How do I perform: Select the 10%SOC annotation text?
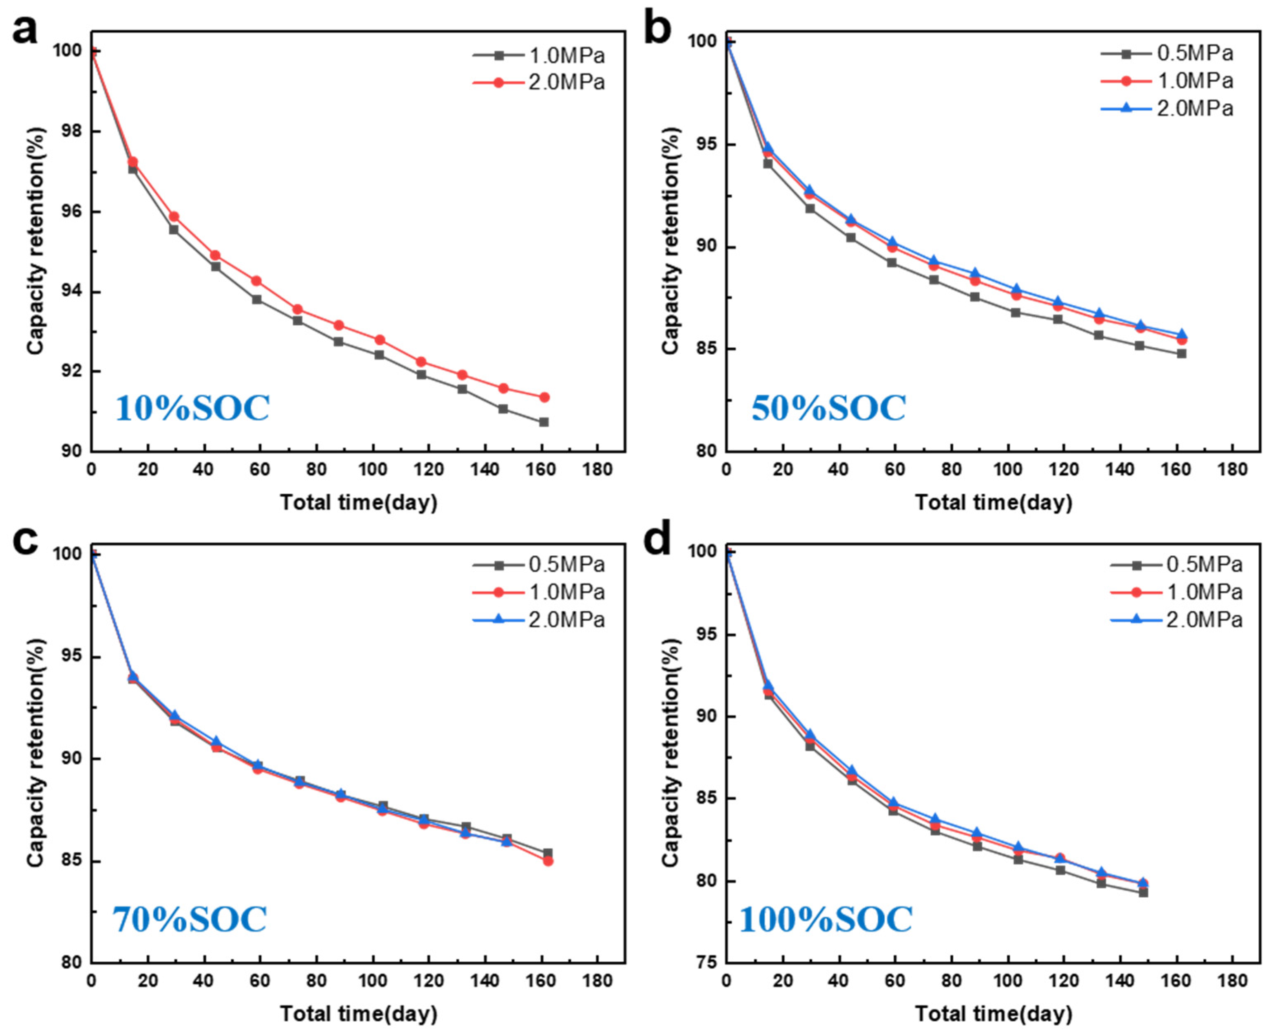[192, 408]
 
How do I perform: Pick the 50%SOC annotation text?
[828, 408]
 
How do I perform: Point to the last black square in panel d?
[1143, 892]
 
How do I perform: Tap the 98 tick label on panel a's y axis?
[71, 132]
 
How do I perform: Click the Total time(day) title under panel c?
[358, 1014]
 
